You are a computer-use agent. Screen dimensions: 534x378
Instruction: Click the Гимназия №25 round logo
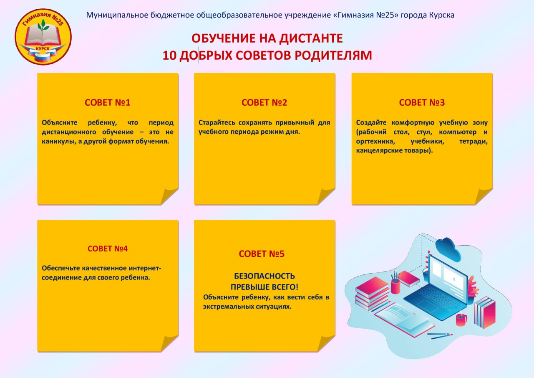[x=43, y=36]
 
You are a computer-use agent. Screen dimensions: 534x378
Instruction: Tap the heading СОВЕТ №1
[x=108, y=103]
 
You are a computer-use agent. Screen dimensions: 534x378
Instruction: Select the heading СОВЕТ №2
[x=264, y=103]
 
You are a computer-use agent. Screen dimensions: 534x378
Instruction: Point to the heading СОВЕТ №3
[x=422, y=103]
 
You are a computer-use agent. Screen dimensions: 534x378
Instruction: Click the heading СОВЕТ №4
[x=108, y=249]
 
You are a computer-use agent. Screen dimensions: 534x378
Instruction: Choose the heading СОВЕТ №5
[x=262, y=254]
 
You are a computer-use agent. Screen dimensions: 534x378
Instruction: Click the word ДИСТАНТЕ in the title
[x=311, y=38]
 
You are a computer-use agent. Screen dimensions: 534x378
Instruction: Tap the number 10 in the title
[x=170, y=56]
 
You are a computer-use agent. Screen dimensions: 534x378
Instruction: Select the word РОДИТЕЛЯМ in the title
[x=333, y=56]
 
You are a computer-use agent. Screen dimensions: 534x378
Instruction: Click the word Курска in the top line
[x=441, y=15]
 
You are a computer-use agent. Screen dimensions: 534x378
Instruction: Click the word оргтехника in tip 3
[x=375, y=142]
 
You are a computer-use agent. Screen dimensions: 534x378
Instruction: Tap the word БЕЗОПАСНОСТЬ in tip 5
[x=264, y=276]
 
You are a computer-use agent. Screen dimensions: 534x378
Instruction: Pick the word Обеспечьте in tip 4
[x=61, y=268]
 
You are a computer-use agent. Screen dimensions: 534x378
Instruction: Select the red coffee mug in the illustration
[x=461, y=320]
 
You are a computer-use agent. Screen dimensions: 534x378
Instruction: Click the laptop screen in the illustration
[x=448, y=280]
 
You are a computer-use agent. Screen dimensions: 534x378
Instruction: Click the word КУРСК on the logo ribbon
[x=43, y=49]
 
